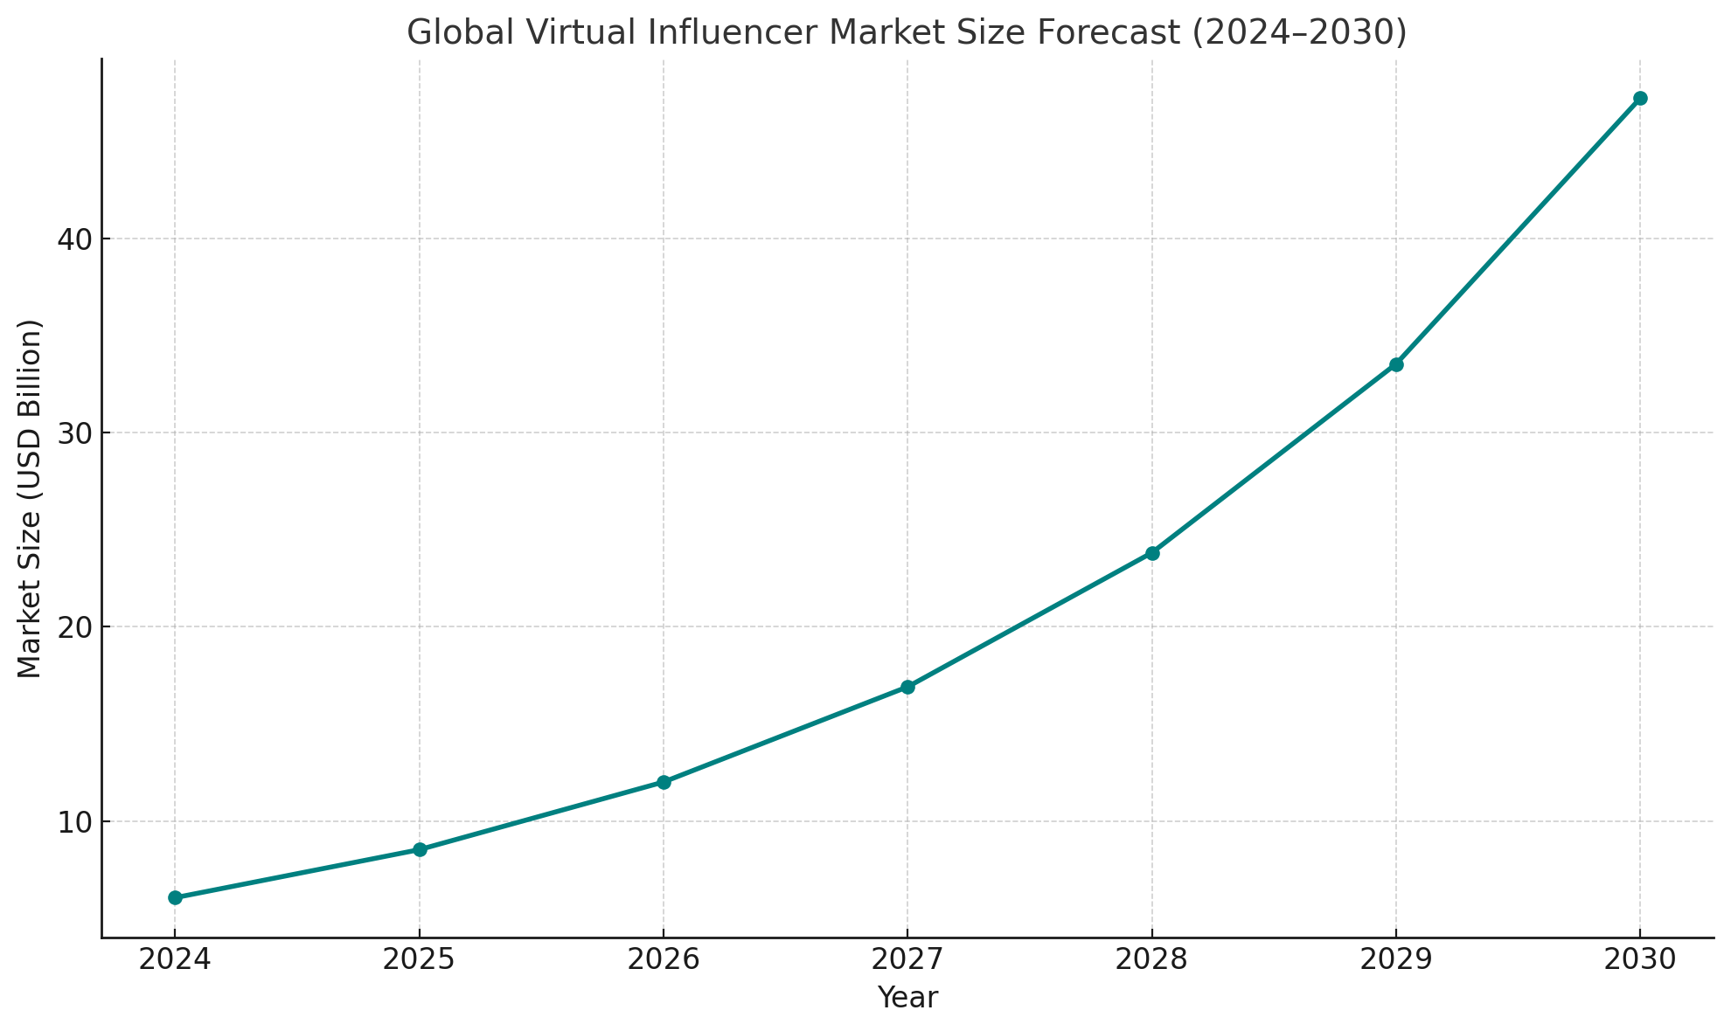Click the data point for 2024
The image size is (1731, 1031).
(175, 897)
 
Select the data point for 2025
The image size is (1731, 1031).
(420, 849)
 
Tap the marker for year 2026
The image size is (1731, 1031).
(664, 782)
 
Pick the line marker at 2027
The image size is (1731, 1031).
(907, 687)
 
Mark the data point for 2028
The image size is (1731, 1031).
(1152, 553)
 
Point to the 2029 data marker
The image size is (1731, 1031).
(1396, 364)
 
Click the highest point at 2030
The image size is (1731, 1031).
(1640, 99)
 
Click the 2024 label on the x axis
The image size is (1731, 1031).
(175, 959)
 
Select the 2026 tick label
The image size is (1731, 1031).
(664, 959)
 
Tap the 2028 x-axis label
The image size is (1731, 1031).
(1152, 959)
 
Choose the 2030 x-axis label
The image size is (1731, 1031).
(1640, 959)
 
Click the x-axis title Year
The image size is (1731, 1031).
(907, 998)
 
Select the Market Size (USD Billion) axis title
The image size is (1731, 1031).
(31, 498)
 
